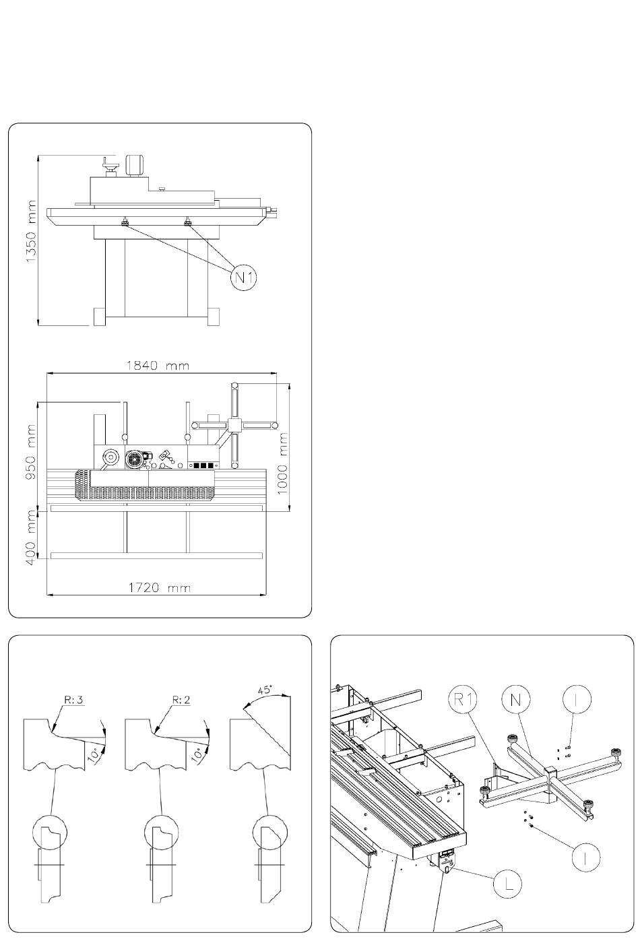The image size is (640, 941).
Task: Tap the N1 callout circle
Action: (245, 278)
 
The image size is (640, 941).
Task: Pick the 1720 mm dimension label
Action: (160, 588)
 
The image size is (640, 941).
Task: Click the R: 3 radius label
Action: (73, 700)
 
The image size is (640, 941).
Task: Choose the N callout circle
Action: (516, 700)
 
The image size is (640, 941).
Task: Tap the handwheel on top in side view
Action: (109, 164)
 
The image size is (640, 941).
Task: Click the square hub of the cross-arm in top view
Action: (234, 426)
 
